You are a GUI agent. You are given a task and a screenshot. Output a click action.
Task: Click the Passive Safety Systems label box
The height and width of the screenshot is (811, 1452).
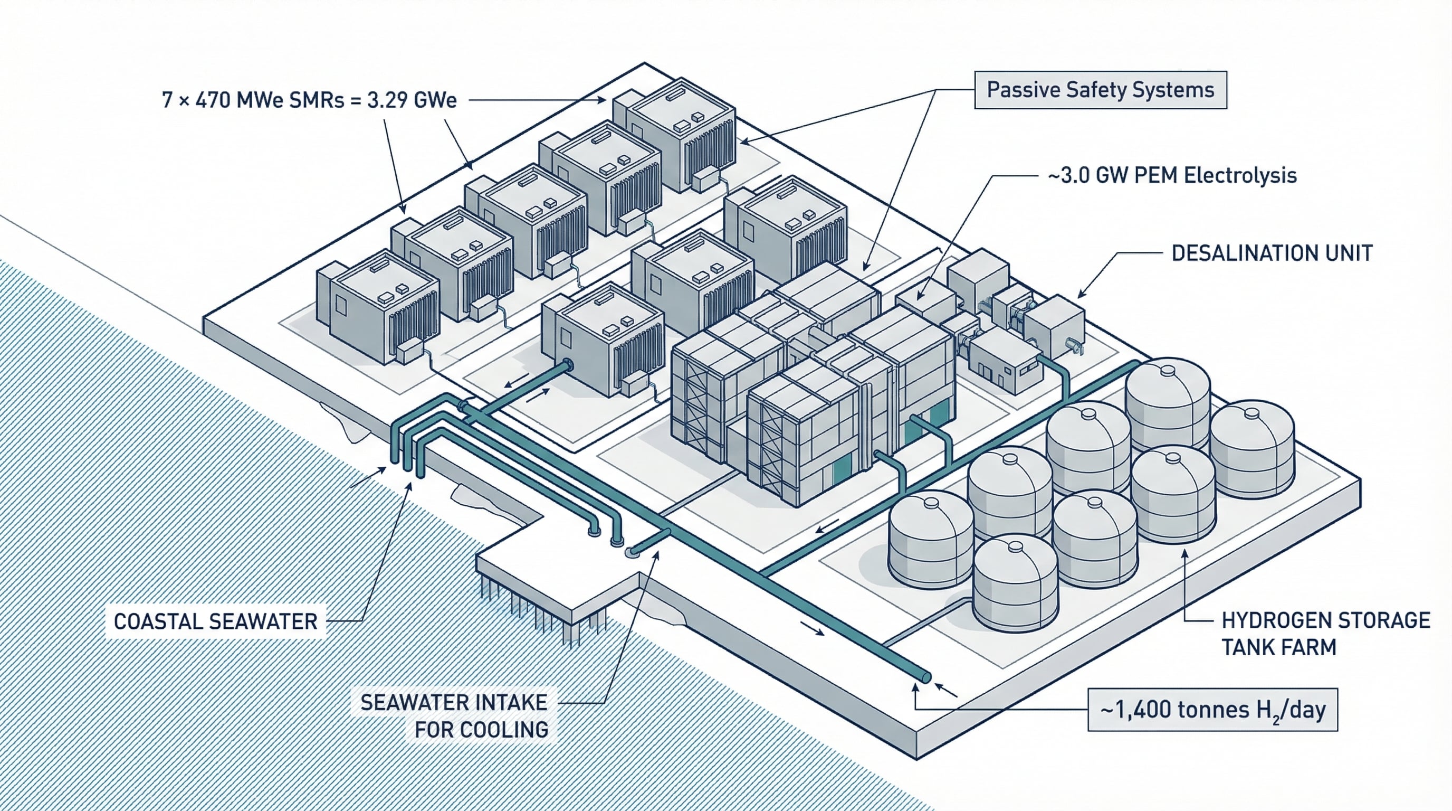pos(1100,90)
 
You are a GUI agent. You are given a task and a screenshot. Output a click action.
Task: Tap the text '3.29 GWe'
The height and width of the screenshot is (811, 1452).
pos(412,100)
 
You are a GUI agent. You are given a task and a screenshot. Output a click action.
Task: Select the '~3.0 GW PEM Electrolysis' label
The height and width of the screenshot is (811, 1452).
pos(1172,175)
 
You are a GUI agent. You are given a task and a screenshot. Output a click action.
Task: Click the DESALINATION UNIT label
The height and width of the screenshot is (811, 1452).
pos(1272,253)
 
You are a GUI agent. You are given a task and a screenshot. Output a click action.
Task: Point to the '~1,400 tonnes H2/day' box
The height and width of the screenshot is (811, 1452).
pos(1212,710)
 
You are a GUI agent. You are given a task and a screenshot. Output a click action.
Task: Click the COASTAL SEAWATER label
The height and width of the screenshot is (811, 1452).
pos(215,621)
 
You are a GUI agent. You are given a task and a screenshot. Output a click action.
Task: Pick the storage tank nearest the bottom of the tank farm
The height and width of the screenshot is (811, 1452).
pos(1015,584)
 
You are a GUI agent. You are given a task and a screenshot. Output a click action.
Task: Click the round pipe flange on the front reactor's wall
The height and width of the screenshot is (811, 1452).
pos(568,365)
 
